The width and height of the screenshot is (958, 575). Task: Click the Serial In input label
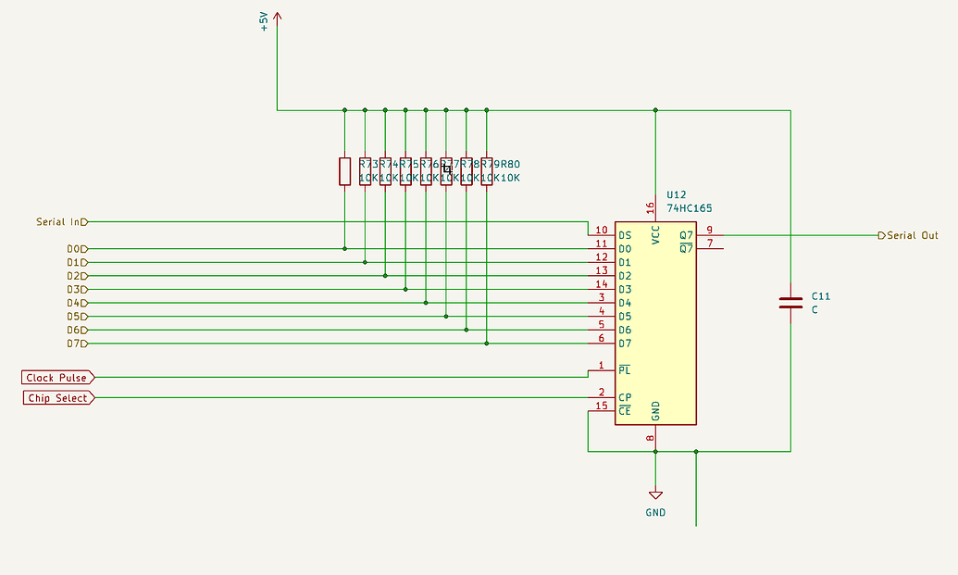pyautogui.click(x=61, y=222)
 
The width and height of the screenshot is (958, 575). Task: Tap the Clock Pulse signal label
pyautogui.click(x=57, y=378)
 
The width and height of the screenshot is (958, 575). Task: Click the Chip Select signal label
pyautogui.click(x=57, y=398)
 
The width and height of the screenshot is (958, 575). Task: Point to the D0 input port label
pyautogui.click(x=76, y=249)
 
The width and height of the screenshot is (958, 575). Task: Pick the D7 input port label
pyautogui.click(x=76, y=344)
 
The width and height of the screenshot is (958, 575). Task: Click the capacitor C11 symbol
pyautogui.click(x=790, y=303)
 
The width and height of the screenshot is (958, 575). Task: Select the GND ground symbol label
pyautogui.click(x=655, y=512)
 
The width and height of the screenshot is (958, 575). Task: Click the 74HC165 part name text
pyautogui.click(x=690, y=209)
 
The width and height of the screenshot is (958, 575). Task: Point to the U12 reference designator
pyautogui.click(x=676, y=195)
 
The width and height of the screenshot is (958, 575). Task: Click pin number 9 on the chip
pyautogui.click(x=709, y=230)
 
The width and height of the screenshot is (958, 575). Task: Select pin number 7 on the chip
pyautogui.click(x=709, y=244)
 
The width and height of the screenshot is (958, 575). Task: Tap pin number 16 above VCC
pyautogui.click(x=651, y=209)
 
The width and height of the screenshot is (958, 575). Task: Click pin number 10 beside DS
pyautogui.click(x=601, y=230)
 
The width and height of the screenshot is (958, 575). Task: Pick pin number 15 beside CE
pyautogui.click(x=601, y=406)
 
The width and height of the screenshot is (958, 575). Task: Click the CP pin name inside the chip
pyautogui.click(x=625, y=398)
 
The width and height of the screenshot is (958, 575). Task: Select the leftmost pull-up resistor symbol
pyautogui.click(x=344, y=171)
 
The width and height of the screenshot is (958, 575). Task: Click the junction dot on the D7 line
pyautogui.click(x=487, y=344)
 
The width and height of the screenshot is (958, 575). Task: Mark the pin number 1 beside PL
pyautogui.click(x=601, y=366)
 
